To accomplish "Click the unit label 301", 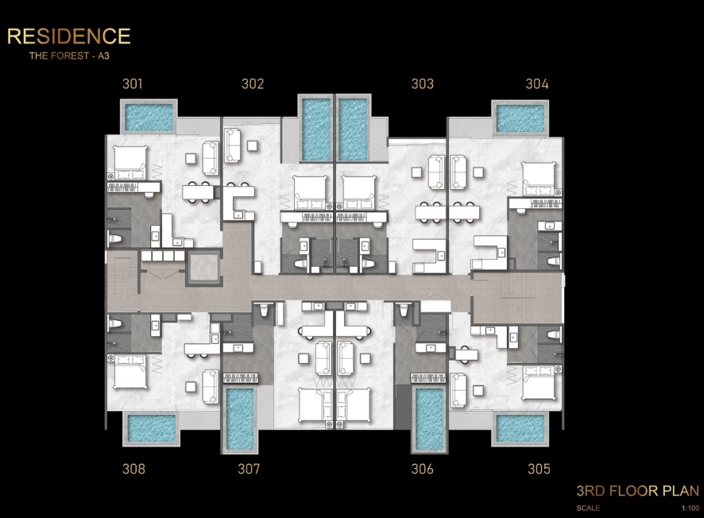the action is pos(133,84).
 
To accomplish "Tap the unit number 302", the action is pos(253,84).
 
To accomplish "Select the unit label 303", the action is pos(423,84).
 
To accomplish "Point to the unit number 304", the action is pos(537,84).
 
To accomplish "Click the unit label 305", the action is pos(539,469).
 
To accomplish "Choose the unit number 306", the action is pos(423,469).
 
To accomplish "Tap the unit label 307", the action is pos(249,469).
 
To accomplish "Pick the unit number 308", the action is pos(133,469).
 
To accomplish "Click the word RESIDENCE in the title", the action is pos(68,37).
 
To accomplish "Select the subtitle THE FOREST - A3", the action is pos(69,56).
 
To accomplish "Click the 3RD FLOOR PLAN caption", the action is pos(637,491).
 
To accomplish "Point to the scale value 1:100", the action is pos(690,508).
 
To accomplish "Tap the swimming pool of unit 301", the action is pos(149,118).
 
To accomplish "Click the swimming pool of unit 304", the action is pos(520,118).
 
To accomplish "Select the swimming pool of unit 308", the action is pos(151,428).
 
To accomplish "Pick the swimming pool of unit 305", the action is pos(520,428).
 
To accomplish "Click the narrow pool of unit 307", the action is pos(239,419).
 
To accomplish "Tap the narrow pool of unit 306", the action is pos(429,419).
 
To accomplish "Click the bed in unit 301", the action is pos(130,163).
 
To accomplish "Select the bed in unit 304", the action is pos(539,179).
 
